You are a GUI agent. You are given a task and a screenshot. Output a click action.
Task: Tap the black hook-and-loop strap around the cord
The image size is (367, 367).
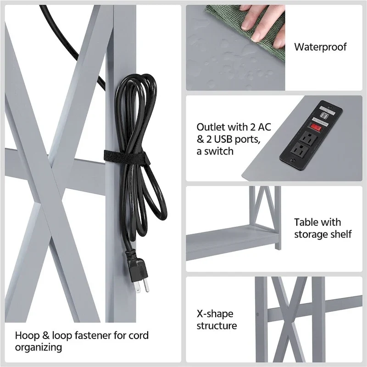[x=128, y=157]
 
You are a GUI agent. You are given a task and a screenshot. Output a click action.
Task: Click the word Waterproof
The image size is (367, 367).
[x=320, y=47]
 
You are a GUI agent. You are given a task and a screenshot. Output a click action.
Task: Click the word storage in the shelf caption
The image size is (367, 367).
[x=311, y=234]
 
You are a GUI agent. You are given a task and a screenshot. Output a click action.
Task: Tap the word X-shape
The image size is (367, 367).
[x=215, y=314]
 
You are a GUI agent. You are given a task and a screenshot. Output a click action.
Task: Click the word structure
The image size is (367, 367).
[x=217, y=326]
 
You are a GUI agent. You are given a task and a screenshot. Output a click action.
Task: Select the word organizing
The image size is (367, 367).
[x=39, y=347]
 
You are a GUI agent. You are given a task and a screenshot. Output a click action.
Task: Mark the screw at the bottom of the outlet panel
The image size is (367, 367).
[x=292, y=161]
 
